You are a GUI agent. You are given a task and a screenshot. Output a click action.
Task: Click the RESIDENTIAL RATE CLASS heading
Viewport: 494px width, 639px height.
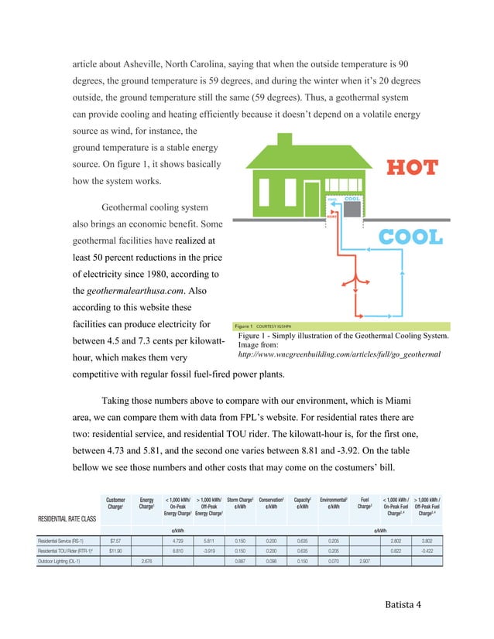pyautogui.click(x=68, y=518)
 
